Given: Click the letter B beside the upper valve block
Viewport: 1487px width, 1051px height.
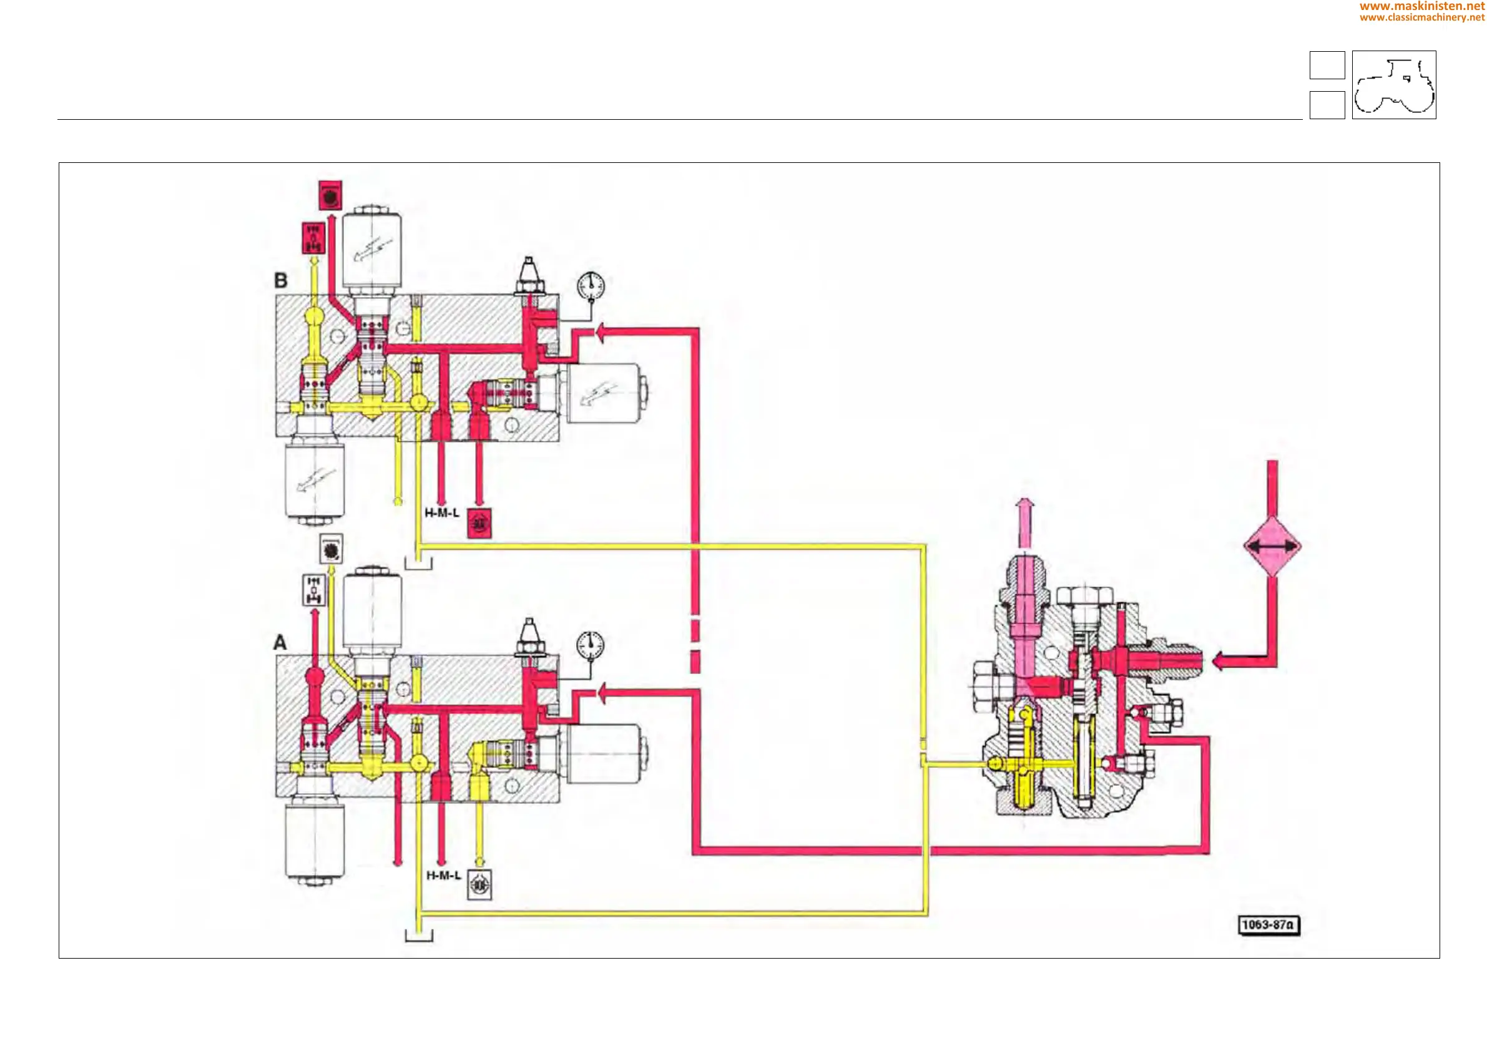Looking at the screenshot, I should point(280,280).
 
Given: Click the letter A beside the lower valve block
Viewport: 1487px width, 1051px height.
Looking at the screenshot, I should point(280,642).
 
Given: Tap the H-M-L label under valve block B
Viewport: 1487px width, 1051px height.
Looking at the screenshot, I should point(442,513).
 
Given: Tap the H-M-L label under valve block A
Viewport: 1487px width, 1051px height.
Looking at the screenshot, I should point(444,876).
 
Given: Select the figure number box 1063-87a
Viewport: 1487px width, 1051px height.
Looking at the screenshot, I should point(1268,925).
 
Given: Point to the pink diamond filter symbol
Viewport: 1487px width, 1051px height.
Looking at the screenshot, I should point(1272,547).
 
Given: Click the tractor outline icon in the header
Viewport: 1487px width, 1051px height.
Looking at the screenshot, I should point(1394,85).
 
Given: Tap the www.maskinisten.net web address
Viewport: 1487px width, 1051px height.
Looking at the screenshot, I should point(1421,6).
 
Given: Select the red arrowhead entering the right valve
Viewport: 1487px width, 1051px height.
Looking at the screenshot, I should point(1219,661).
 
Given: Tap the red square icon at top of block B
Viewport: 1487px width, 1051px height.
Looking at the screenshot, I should point(330,195).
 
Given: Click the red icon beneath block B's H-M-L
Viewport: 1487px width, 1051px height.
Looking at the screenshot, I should point(479,523).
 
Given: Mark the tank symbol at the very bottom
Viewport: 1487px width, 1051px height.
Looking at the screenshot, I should point(419,934).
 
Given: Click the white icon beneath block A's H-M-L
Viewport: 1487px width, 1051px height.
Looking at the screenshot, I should point(479,884).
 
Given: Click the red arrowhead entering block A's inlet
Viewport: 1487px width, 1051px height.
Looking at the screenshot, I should point(602,693).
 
